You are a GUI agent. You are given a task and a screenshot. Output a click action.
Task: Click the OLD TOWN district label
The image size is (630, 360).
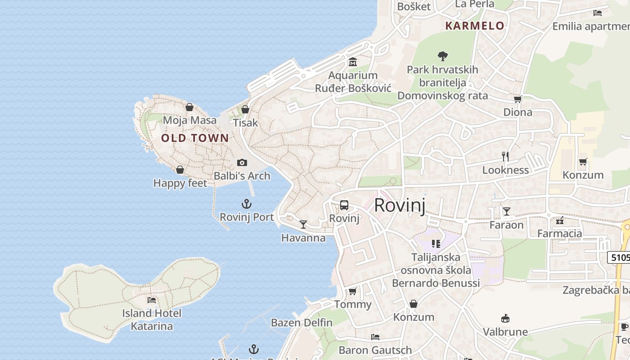pos(195,138)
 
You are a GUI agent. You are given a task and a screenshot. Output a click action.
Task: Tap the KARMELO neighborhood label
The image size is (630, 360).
pos(475,26)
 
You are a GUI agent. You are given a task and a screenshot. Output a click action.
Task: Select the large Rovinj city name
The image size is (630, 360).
pos(400,205)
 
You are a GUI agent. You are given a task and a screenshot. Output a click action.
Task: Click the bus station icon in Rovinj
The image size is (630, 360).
pos(344,205)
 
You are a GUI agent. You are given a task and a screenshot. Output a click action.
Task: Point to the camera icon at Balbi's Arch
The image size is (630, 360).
pos(242,162)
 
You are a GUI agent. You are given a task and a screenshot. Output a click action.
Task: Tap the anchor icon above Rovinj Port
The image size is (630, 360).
pos(247,204)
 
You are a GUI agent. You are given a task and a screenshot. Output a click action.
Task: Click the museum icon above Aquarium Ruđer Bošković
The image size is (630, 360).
pos(353,62)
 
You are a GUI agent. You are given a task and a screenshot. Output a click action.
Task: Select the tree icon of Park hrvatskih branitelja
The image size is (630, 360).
pos(443,56)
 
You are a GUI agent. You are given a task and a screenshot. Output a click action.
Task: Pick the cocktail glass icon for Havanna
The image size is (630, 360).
pos(303,224)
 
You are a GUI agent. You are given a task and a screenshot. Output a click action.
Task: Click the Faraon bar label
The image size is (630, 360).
pos(507,225)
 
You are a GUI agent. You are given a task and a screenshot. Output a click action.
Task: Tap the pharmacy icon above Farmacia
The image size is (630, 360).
pos(560,220)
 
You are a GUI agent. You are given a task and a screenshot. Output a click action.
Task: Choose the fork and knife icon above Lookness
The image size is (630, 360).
pos(505,156)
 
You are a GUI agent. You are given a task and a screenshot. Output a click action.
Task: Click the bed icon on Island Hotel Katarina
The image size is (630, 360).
pos(152,300)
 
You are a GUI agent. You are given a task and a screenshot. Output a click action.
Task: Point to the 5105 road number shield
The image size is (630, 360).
pos(619,257)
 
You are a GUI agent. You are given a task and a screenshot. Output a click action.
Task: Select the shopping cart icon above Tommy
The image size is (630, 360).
pos(353,291)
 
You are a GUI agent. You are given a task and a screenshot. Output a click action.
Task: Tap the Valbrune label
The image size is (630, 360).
pos(505,332)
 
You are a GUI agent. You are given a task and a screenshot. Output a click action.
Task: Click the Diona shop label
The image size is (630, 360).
pos(518,112)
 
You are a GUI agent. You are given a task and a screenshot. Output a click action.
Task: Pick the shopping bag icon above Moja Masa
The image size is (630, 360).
pos(189,107)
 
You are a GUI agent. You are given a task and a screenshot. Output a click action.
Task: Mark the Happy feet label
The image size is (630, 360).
pos(180,183)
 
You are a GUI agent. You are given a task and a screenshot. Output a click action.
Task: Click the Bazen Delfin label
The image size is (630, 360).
pos(301,323)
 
